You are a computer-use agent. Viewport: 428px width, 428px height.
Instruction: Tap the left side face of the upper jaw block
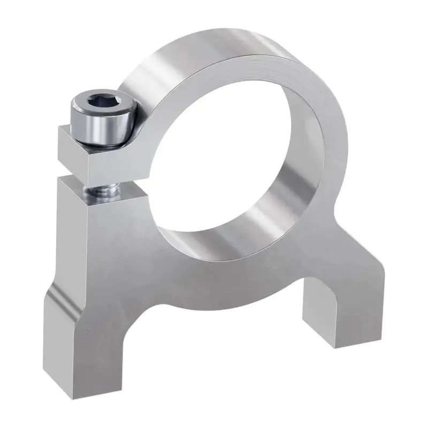[x=67, y=150]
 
